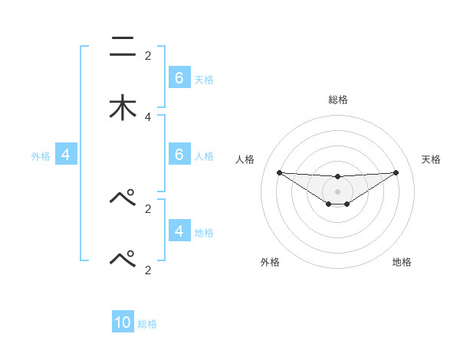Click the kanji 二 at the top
pyautogui.click(x=123, y=47)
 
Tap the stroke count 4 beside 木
pyautogui.click(x=148, y=116)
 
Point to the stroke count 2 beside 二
pyautogui.click(x=148, y=56)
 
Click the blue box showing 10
pyautogui.click(x=123, y=322)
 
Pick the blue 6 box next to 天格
pyautogui.click(x=179, y=78)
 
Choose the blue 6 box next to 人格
pyautogui.click(x=179, y=155)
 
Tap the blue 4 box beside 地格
pyautogui.click(x=179, y=231)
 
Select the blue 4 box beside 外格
pyautogui.click(x=66, y=155)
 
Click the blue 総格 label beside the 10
pyautogui.click(x=148, y=324)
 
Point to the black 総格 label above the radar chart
pyautogui.click(x=337, y=100)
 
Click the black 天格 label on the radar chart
pyautogui.click(x=431, y=159)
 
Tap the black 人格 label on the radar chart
pyautogui.click(x=245, y=159)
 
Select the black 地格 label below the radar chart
pyautogui.click(x=402, y=262)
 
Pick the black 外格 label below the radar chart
pyautogui.click(x=270, y=262)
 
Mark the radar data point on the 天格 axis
pyautogui.click(x=396, y=172)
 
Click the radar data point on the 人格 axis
pyautogui.click(x=279, y=172)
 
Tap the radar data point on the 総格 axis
pyautogui.click(x=337, y=177)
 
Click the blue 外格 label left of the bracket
pyautogui.click(x=41, y=156)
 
